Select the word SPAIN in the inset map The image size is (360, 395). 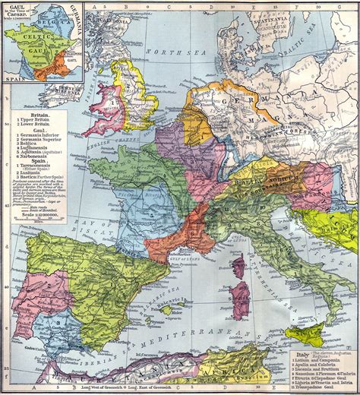pyautogui.click(x=10, y=79)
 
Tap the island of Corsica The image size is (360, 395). pyautogui.click(x=238, y=267)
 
